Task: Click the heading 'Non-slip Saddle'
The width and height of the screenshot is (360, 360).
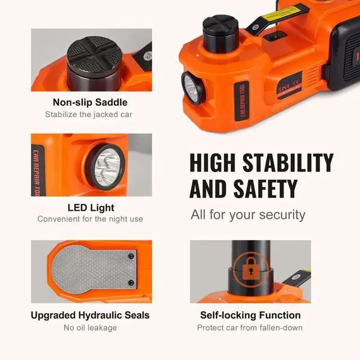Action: tap(90, 102)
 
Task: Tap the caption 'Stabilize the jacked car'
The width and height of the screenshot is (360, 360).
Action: tap(90, 115)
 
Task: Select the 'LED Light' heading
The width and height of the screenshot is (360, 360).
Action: tap(90, 207)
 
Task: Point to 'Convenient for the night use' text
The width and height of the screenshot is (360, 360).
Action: tap(90, 219)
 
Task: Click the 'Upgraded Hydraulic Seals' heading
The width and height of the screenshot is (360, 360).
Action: tap(90, 315)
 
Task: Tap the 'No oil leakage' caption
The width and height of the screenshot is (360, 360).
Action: tap(90, 327)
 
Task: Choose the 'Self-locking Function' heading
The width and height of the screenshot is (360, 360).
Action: tap(250, 315)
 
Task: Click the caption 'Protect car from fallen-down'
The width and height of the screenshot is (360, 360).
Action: tap(250, 327)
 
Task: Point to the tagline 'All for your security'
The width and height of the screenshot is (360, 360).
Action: tap(248, 214)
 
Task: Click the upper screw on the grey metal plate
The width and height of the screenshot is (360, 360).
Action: tap(131, 256)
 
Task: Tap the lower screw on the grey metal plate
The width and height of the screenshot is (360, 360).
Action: tap(131, 282)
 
